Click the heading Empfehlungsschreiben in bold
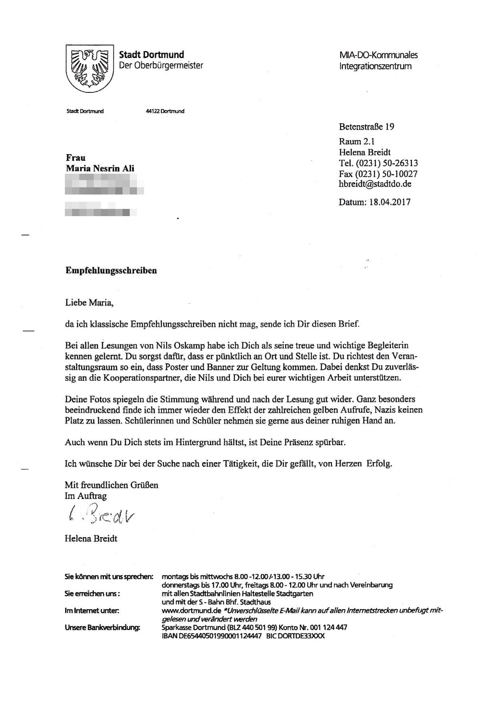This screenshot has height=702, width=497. coord(111,271)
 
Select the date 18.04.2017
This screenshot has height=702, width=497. coord(388,202)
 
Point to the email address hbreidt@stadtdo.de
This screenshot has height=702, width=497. coord(375,184)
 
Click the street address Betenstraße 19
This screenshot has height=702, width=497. coord(366,127)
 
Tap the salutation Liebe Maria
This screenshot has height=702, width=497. coord(89,303)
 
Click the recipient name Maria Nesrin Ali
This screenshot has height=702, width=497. coord(100,168)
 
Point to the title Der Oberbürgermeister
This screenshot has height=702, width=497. coord(161,65)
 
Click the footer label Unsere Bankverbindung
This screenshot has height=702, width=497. coord(102,627)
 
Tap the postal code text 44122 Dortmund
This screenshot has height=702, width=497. coord(165,111)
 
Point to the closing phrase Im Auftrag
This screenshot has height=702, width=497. coord(86,496)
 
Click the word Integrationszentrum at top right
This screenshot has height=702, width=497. coord(375,66)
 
